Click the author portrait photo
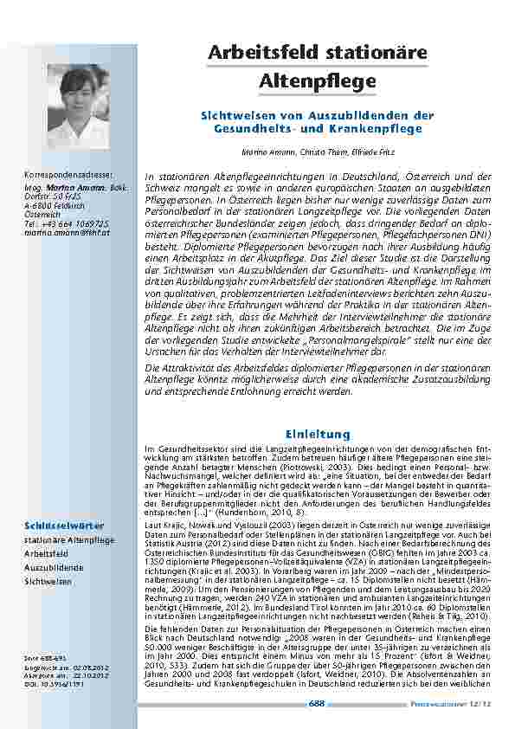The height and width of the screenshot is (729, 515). (78, 106)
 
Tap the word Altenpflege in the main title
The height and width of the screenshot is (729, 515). (318, 81)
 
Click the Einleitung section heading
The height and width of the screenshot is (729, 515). (318, 433)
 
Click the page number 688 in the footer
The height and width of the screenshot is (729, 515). (317, 704)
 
